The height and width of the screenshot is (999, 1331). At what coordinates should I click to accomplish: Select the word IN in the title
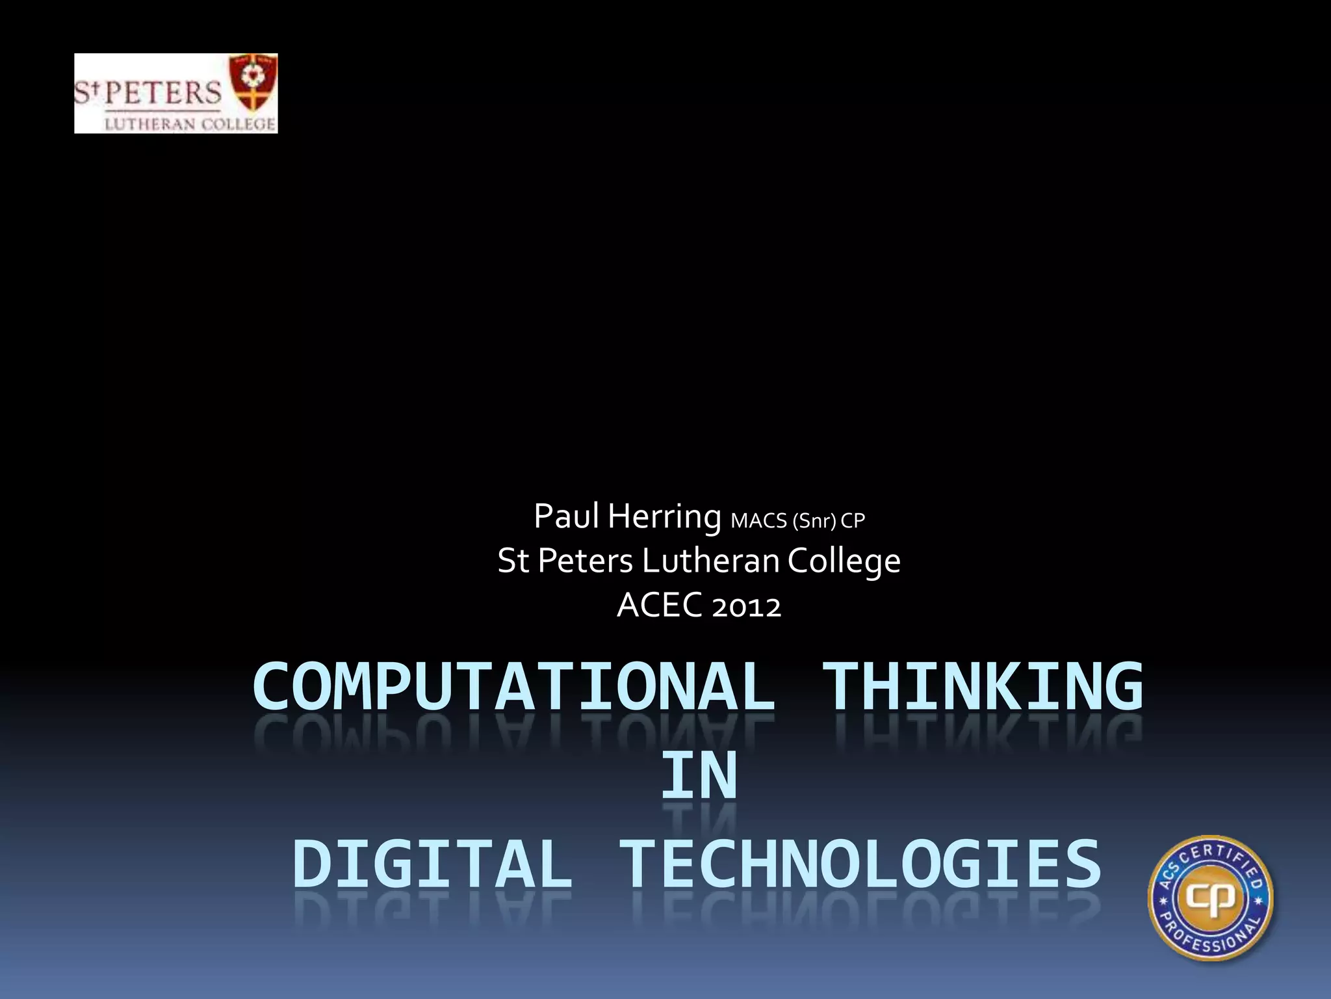699,775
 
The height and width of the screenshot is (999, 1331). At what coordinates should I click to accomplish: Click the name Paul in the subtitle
565,516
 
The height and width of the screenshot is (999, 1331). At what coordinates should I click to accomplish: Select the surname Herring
664,518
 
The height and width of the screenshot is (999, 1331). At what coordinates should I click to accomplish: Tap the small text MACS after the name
758,521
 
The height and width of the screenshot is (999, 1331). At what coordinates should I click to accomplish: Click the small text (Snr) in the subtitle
814,522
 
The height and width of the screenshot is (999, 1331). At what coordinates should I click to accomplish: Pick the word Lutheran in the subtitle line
710,561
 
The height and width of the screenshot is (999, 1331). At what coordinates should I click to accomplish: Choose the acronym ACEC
660,606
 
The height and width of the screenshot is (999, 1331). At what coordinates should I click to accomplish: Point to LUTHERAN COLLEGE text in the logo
190,124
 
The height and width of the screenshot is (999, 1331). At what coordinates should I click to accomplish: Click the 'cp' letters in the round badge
1210,899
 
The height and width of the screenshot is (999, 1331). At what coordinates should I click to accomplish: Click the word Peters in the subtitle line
585,561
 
